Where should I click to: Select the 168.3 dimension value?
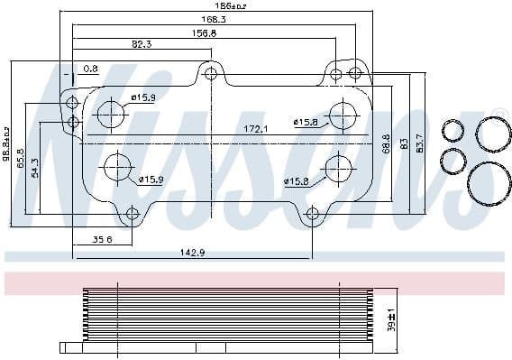click(x=213, y=18)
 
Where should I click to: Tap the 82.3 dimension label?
click(x=142, y=43)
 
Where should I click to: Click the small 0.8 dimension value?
click(x=90, y=69)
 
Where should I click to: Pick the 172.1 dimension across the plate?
click(x=256, y=130)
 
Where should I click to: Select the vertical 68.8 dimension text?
click(x=386, y=143)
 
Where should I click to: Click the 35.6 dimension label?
click(x=103, y=240)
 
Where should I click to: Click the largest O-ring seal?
click(x=489, y=184)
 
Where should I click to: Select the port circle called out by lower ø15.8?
click(x=338, y=167)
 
